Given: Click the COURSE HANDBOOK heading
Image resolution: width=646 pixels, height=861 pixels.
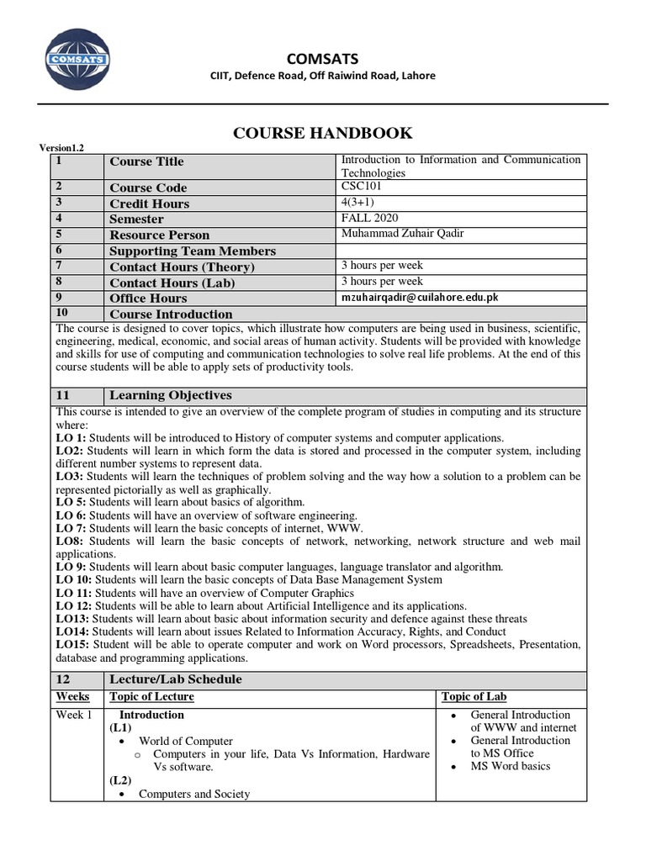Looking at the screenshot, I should click(322, 133).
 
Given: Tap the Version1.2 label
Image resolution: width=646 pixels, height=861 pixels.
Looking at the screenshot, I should click(62, 148).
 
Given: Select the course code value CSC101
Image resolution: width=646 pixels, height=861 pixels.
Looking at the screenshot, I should click(362, 187).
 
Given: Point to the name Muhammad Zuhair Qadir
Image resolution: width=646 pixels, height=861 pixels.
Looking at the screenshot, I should click(401, 234).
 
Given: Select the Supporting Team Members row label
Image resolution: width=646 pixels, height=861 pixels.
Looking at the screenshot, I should click(193, 251).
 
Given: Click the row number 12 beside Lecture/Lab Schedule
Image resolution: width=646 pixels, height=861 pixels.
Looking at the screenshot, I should click(63, 679).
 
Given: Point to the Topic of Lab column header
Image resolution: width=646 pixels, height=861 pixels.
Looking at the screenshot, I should click(474, 696).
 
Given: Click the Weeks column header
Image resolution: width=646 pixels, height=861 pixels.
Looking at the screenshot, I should click(72, 696).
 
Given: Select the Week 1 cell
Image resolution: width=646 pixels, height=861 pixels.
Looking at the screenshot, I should click(74, 715).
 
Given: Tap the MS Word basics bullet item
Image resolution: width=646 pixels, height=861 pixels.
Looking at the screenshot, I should click(511, 766).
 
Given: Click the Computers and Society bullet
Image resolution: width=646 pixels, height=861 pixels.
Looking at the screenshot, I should click(193, 794).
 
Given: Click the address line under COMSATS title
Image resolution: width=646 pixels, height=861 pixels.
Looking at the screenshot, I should click(322, 76).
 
